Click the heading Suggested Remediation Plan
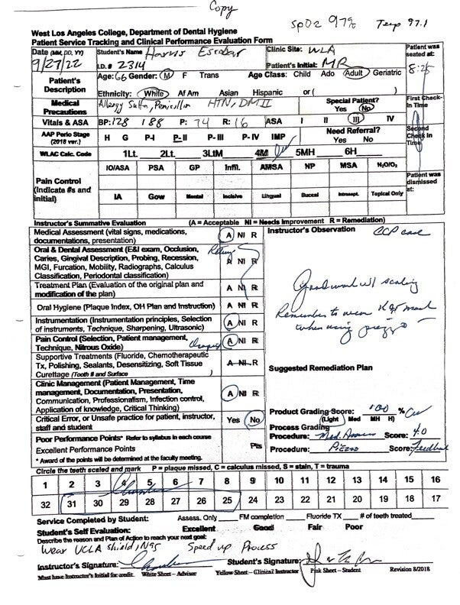pos(320,367)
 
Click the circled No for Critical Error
pos(254,420)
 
